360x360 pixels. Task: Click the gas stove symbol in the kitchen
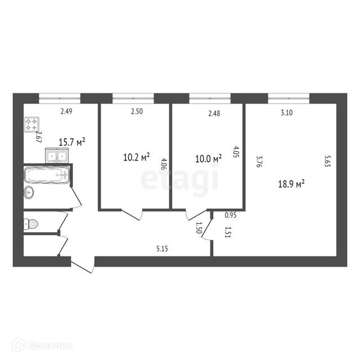click(x=31, y=124)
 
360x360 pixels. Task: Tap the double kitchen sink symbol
click(x=57, y=156)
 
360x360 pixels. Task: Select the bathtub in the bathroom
click(x=47, y=175)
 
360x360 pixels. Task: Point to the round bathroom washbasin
click(x=29, y=192)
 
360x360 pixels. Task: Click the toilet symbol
click(x=31, y=224)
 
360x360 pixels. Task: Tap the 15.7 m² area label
click(x=72, y=142)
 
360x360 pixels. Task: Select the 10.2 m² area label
click(x=137, y=157)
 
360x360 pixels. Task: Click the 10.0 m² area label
click(x=209, y=159)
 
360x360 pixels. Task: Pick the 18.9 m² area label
click(x=291, y=184)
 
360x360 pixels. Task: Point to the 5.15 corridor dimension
click(x=162, y=249)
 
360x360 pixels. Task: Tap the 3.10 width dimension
click(x=287, y=112)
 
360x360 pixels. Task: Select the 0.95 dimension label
click(x=231, y=215)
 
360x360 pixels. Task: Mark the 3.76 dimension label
click(x=259, y=162)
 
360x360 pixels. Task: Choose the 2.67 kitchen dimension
click(x=38, y=137)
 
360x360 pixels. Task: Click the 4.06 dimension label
click(x=164, y=164)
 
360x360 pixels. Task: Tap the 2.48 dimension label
click(x=214, y=113)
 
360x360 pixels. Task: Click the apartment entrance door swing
click(x=83, y=265)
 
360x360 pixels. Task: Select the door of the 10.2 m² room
click(x=132, y=215)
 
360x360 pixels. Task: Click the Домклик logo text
click(x=51, y=345)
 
